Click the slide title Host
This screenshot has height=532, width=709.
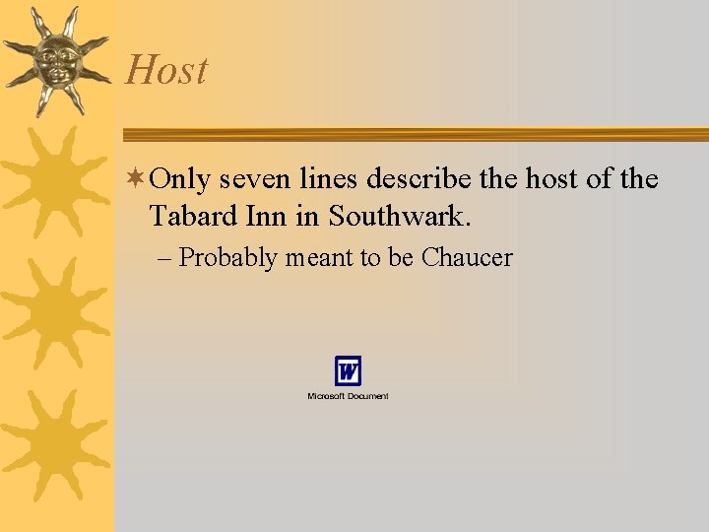[x=167, y=70]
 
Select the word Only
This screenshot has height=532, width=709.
[x=182, y=179]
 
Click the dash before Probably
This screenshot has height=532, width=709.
[x=164, y=258]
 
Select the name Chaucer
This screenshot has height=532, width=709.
[x=467, y=258]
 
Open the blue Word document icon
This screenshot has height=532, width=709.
[x=348, y=371]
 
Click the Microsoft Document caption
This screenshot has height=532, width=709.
[x=348, y=396]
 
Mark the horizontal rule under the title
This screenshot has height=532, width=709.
[x=414, y=134]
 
